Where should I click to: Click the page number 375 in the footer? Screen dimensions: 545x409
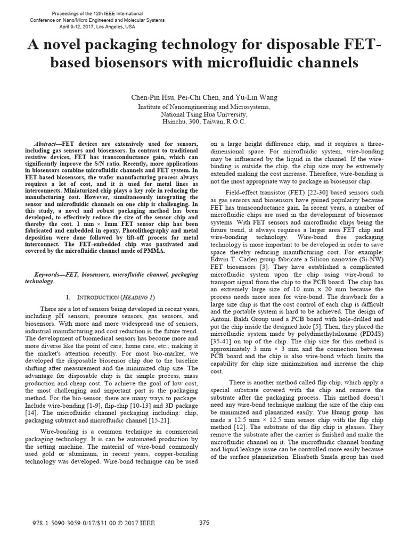point(204,523)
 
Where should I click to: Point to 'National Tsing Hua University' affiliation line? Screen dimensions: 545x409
point(204,114)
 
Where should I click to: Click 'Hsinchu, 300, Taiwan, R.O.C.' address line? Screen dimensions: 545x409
point(204,121)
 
